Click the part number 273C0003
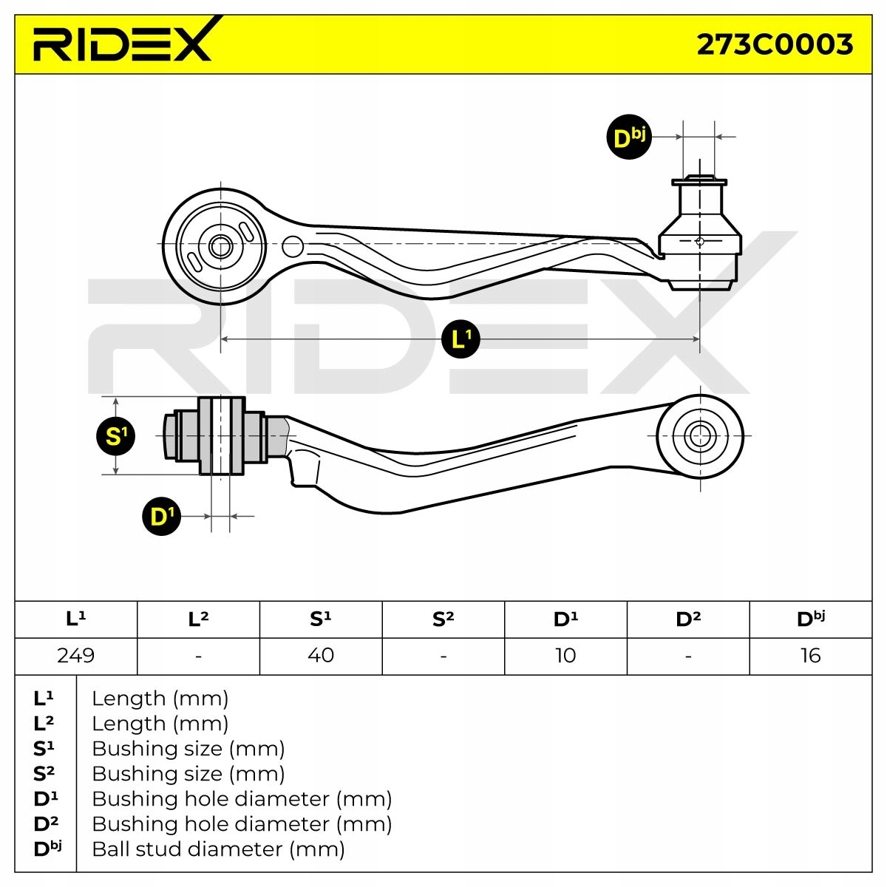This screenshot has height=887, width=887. point(775,45)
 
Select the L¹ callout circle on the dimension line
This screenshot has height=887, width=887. point(460,339)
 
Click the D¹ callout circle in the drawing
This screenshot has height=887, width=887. point(161,516)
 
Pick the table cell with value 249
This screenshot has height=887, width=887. point(76,656)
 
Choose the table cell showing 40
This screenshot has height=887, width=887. point(321,656)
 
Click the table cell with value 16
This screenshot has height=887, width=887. point(810,656)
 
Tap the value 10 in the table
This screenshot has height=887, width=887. point(565,656)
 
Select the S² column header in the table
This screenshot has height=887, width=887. point(443,619)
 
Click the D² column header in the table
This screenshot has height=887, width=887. point(688,619)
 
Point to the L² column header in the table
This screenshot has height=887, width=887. point(198,619)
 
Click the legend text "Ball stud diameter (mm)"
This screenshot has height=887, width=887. point(218,849)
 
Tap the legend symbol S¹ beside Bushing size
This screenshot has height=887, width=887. point(44,748)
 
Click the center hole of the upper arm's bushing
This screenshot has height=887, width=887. point(220,246)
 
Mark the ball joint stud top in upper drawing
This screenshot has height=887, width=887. point(699,179)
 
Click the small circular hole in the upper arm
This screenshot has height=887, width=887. point(293,246)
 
